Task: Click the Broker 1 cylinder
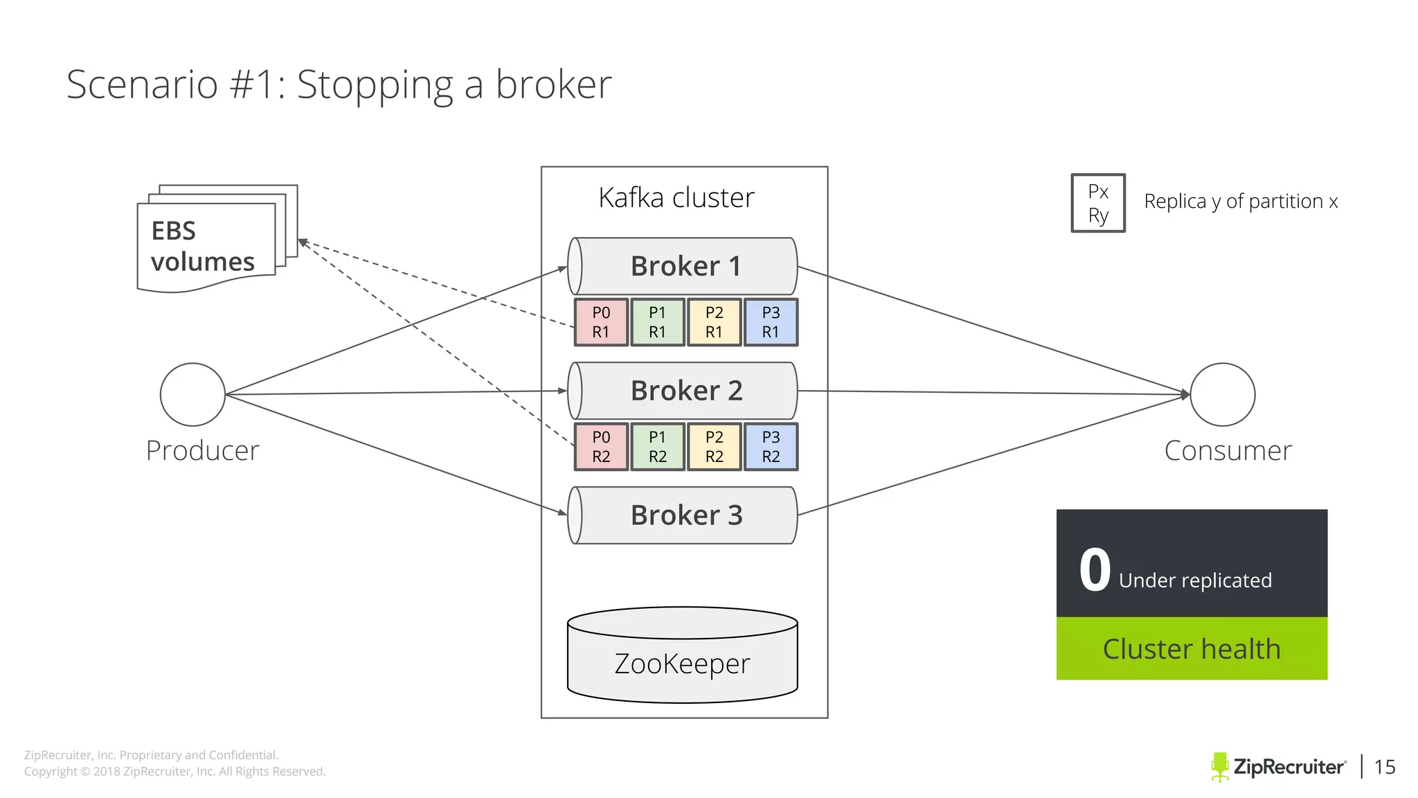(683, 267)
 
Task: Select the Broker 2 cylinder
(683, 391)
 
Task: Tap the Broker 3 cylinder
(683, 515)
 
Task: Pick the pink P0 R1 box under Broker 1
(601, 323)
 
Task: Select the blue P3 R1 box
(771, 323)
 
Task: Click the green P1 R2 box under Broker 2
(658, 447)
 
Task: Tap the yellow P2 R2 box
(714, 447)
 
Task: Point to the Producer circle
(192, 395)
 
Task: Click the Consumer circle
(1222, 395)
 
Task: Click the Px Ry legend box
(1098, 203)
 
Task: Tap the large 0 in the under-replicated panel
(1095, 570)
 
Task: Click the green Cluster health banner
(1192, 649)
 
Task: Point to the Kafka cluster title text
(676, 198)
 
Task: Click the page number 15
(1384, 767)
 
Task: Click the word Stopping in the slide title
(375, 85)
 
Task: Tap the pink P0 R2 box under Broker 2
(601, 447)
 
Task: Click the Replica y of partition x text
(1241, 202)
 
